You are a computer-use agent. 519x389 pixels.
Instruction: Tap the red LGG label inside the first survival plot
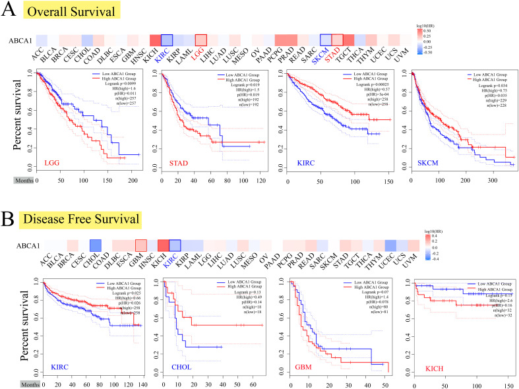(52, 163)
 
